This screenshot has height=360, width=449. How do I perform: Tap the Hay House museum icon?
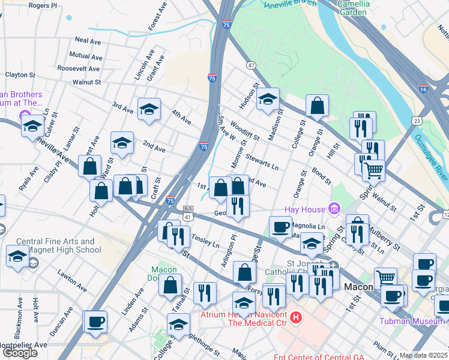coord(334,209)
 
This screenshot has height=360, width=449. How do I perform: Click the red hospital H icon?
coord(295,316)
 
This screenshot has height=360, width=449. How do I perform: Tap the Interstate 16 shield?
coord(423,89)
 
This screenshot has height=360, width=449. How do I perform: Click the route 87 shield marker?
coord(250,65)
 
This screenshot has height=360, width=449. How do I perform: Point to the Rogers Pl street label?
coord(43,5)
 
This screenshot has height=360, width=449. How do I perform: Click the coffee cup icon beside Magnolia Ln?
coord(280,227)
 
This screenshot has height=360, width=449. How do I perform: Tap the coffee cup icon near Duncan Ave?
coord(95,322)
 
